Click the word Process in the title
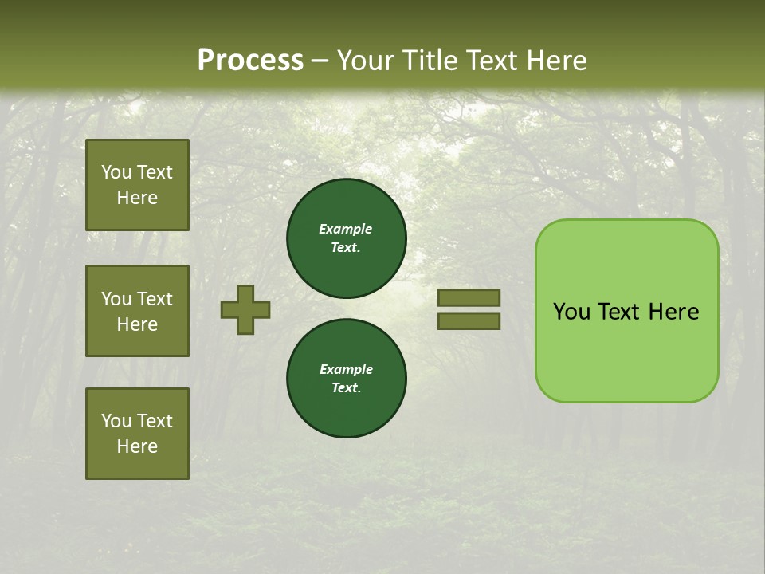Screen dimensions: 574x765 click(250, 61)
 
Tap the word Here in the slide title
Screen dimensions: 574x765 click(555, 61)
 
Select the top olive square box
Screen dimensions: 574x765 click(137, 185)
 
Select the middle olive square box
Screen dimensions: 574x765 click(137, 311)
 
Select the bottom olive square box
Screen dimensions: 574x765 click(137, 434)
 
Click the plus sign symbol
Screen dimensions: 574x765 click(245, 309)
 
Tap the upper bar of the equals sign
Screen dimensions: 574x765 click(469, 298)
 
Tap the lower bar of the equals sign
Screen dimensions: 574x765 click(469, 320)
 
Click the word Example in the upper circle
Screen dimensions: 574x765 click(345, 229)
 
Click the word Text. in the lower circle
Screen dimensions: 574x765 click(346, 387)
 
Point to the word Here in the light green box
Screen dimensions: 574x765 click(673, 312)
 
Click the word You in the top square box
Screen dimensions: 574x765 click(116, 172)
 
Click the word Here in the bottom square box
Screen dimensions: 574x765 click(137, 446)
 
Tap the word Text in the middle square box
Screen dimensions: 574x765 click(155, 299)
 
